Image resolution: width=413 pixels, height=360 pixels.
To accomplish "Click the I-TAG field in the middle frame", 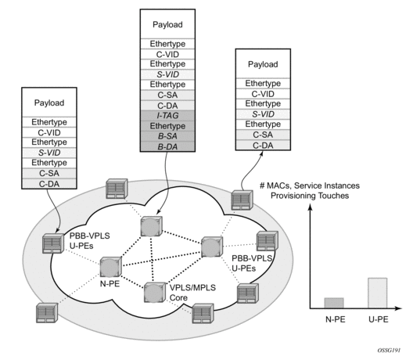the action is [x=167, y=115].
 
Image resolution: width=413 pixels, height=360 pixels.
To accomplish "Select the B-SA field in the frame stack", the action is [x=167, y=136].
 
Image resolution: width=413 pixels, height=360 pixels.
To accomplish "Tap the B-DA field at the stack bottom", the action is [x=167, y=146].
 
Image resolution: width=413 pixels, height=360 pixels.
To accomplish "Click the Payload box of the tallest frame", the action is [x=167, y=24].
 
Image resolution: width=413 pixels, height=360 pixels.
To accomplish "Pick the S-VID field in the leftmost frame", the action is [x=49, y=153].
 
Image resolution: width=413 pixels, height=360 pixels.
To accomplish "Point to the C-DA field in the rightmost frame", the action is [x=263, y=146].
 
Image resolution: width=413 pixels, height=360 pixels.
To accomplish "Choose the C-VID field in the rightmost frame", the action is [x=263, y=94].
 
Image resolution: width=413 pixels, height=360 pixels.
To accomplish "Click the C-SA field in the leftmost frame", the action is [x=49, y=173].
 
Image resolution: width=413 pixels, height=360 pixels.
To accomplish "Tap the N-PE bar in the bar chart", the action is [x=334, y=303].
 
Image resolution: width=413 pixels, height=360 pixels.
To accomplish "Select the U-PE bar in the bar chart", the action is [x=378, y=293].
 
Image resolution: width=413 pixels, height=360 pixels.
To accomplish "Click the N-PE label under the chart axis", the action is [x=336, y=319].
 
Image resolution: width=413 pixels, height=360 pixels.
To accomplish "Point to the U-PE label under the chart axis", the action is [x=379, y=319].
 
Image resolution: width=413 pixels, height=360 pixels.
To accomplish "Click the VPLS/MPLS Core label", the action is [x=192, y=293].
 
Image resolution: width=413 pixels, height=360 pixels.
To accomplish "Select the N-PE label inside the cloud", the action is [x=110, y=283].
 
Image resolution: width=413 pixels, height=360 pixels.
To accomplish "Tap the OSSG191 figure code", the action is [x=389, y=351].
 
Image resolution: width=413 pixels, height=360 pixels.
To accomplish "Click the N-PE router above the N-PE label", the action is [x=110, y=267].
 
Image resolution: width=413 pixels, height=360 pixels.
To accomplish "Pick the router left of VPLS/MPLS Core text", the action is [x=155, y=293].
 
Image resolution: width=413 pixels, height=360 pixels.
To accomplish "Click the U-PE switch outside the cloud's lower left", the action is [x=47, y=313].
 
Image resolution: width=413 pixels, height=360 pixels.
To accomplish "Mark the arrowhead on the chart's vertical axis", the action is [x=311, y=207].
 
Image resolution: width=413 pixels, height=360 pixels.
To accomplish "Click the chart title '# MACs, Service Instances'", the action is [x=310, y=185].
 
